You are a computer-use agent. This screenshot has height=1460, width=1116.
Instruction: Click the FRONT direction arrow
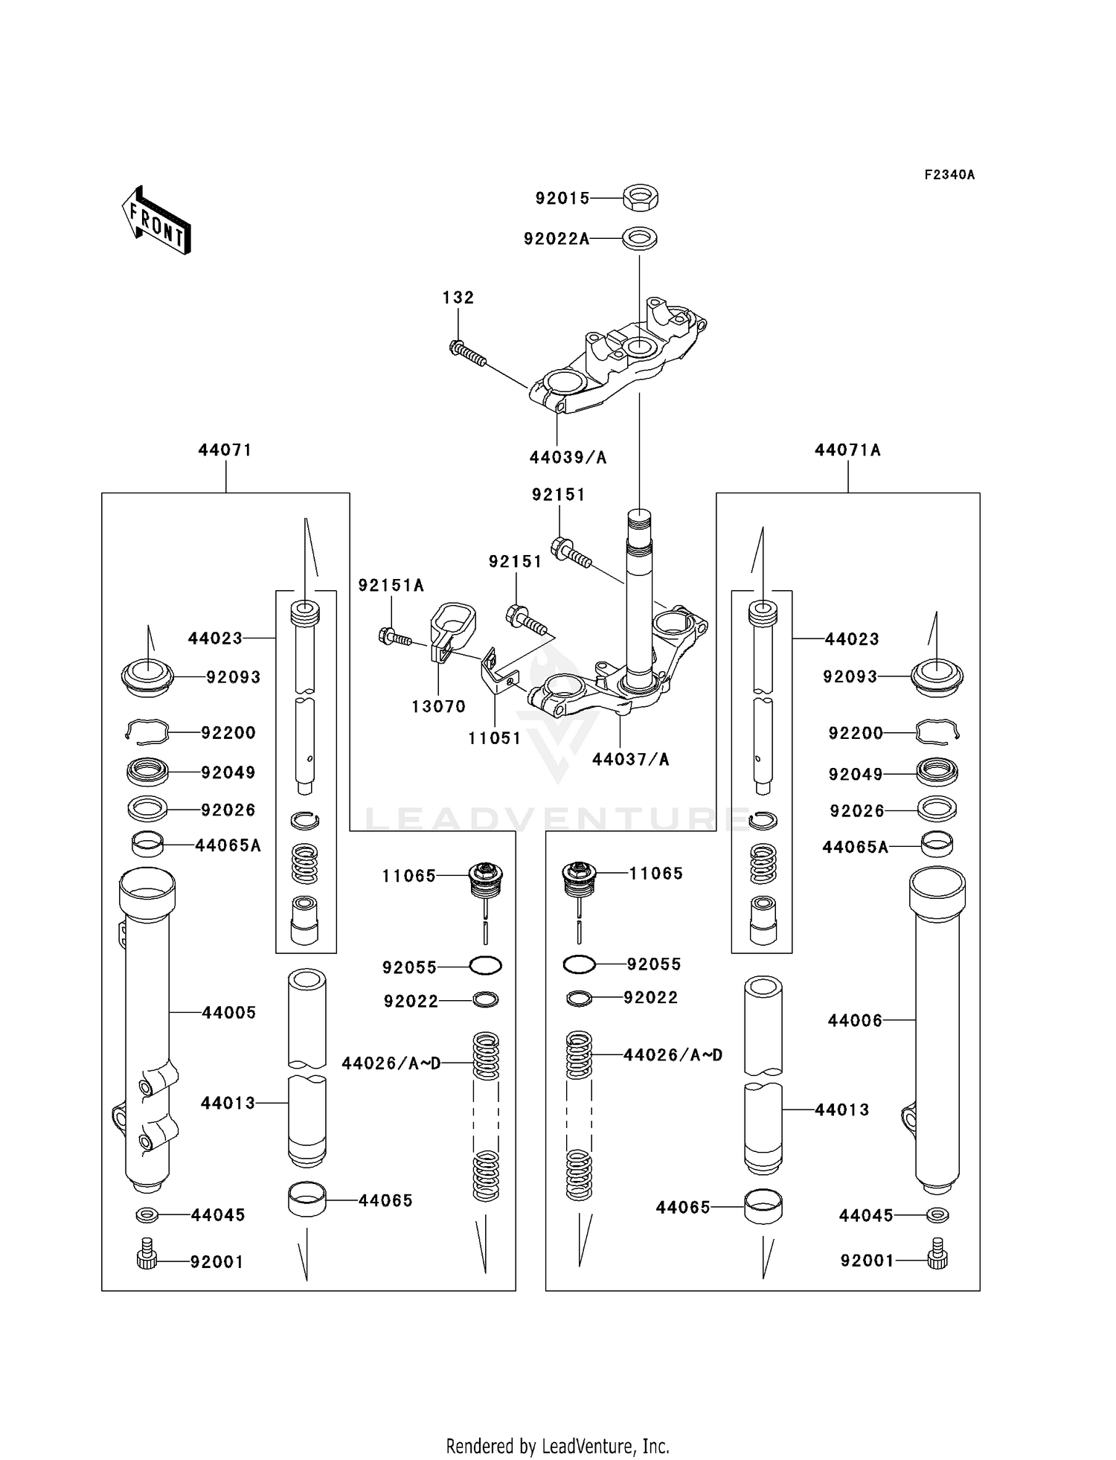pyautogui.click(x=157, y=220)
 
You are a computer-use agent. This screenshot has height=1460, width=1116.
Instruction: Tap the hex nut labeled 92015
pyautogui.click(x=640, y=198)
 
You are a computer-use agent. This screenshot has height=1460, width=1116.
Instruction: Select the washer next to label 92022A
pyautogui.click(x=640, y=239)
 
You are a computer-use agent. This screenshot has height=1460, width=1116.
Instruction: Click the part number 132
pyautogui.click(x=458, y=298)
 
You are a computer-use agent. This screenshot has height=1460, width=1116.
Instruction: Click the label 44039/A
pyautogui.click(x=568, y=458)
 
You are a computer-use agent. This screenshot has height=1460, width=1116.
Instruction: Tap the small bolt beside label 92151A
pyautogui.click(x=394, y=637)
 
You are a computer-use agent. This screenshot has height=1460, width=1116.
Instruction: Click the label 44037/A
pyautogui.click(x=630, y=760)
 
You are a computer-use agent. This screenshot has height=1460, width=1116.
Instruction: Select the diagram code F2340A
pyautogui.click(x=949, y=175)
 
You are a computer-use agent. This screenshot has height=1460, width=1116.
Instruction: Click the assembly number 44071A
pyautogui.click(x=847, y=450)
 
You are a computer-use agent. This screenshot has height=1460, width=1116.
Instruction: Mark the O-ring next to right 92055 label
pyautogui.click(x=579, y=965)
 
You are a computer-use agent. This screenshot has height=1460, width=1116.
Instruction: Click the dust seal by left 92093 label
pyautogui.click(x=147, y=676)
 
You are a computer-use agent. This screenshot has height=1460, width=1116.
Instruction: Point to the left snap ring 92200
pyautogui.click(x=147, y=732)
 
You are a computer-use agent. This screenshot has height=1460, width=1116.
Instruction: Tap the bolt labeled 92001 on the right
pyautogui.click(x=937, y=1259)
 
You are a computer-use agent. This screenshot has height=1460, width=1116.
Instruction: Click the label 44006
pyautogui.click(x=855, y=1021)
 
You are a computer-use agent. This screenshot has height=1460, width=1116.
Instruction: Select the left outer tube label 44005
pyautogui.click(x=228, y=1013)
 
